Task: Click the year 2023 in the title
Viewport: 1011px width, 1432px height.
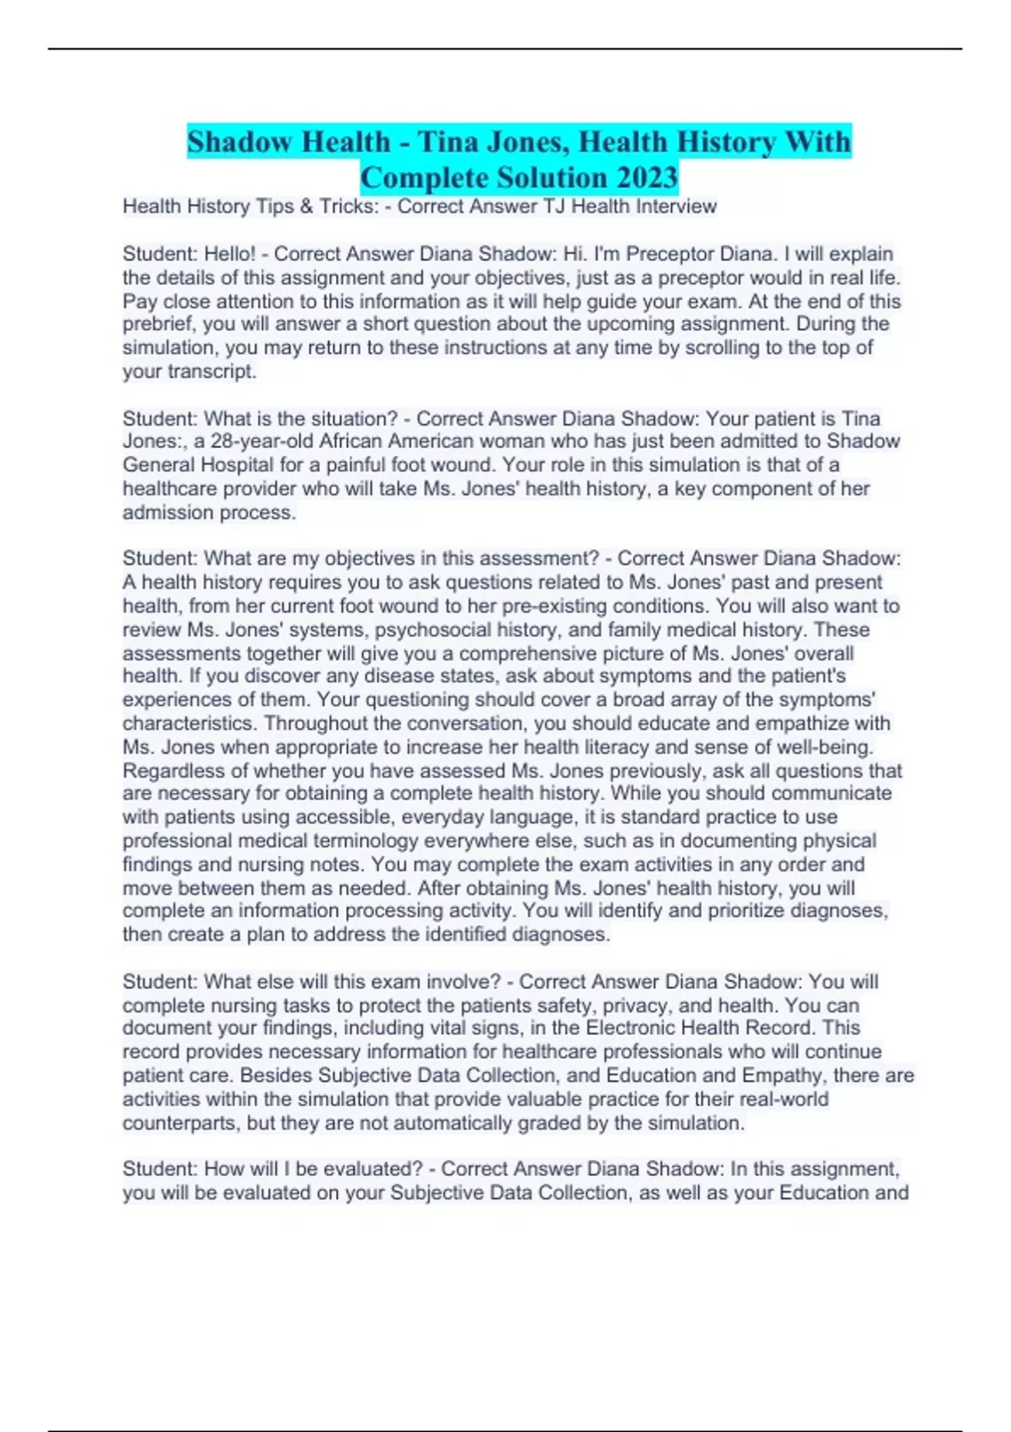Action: [x=647, y=178]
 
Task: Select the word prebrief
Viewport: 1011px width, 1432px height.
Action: [x=159, y=324]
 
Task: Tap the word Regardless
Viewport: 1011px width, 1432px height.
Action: [x=174, y=771]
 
